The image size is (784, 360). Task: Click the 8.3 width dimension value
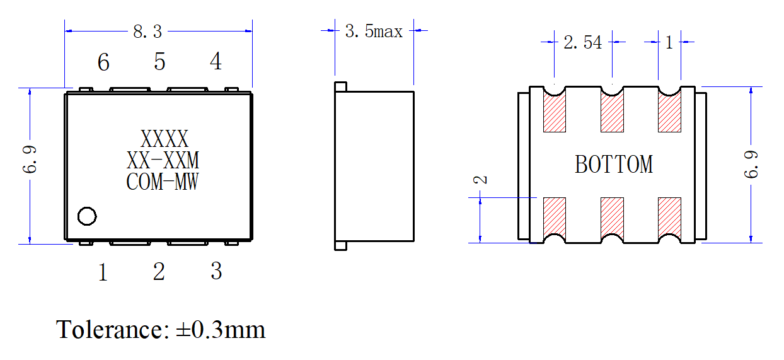(x=147, y=32)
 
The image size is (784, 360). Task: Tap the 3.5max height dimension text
(x=374, y=31)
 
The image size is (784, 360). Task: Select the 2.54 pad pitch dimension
(x=583, y=43)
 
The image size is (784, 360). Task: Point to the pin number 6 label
(x=103, y=62)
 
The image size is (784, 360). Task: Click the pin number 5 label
(x=159, y=62)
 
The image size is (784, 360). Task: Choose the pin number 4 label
(x=216, y=61)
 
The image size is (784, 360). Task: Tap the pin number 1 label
(x=103, y=272)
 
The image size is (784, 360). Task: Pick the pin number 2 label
(x=159, y=271)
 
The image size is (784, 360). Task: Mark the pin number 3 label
(x=216, y=270)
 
